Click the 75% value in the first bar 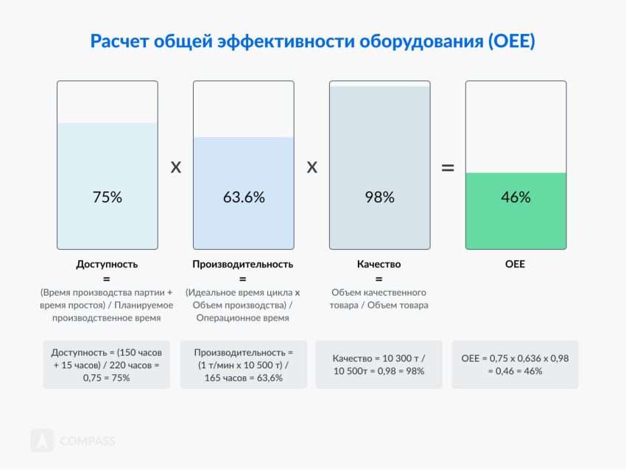pyautogui.click(x=107, y=197)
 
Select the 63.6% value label pyautogui.click(x=244, y=197)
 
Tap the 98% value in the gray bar pyautogui.click(x=379, y=197)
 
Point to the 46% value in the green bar pyautogui.click(x=516, y=197)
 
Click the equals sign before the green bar pyautogui.click(x=447, y=168)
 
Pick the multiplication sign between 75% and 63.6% pyautogui.click(x=175, y=167)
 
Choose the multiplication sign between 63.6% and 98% pyautogui.click(x=312, y=167)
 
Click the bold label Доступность pyautogui.click(x=107, y=264)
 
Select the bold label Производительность pyautogui.click(x=243, y=264)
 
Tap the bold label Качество pyautogui.click(x=379, y=264)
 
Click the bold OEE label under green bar pyautogui.click(x=516, y=264)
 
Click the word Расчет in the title pyautogui.click(x=117, y=41)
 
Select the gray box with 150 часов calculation pyautogui.click(x=107, y=365)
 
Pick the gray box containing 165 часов pyautogui.click(x=243, y=365)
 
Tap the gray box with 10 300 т pyautogui.click(x=379, y=365)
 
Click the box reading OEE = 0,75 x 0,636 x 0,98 pyautogui.click(x=515, y=365)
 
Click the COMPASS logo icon pyautogui.click(x=42, y=441)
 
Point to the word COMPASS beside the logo pyautogui.click(x=87, y=441)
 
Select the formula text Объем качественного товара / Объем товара pyautogui.click(x=379, y=298)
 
